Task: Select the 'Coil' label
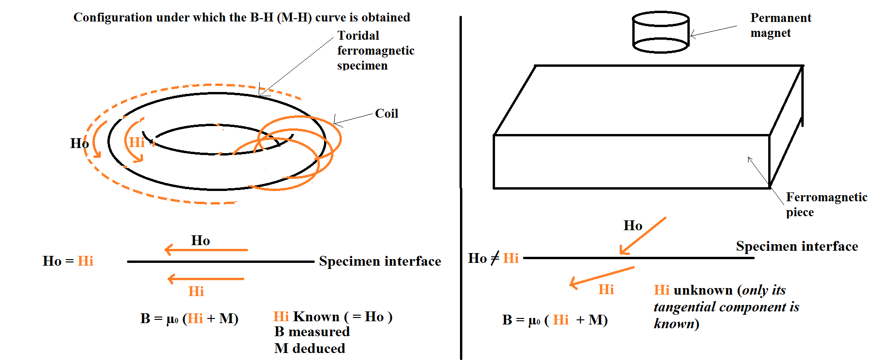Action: (386, 113)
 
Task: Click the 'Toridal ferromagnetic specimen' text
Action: (375, 50)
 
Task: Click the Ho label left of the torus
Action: (79, 143)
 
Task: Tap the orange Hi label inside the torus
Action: (137, 142)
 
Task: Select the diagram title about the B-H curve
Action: (241, 17)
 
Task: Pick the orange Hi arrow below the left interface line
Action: (206, 279)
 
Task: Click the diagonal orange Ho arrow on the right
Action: (643, 236)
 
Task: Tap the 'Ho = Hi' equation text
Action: (68, 261)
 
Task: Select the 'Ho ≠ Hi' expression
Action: (493, 258)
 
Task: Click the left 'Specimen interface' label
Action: (380, 261)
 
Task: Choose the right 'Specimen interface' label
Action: (797, 246)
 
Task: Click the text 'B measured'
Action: (312, 332)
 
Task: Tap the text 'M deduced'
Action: (310, 348)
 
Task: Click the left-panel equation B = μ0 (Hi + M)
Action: (189, 318)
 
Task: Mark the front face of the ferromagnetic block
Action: (631, 162)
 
